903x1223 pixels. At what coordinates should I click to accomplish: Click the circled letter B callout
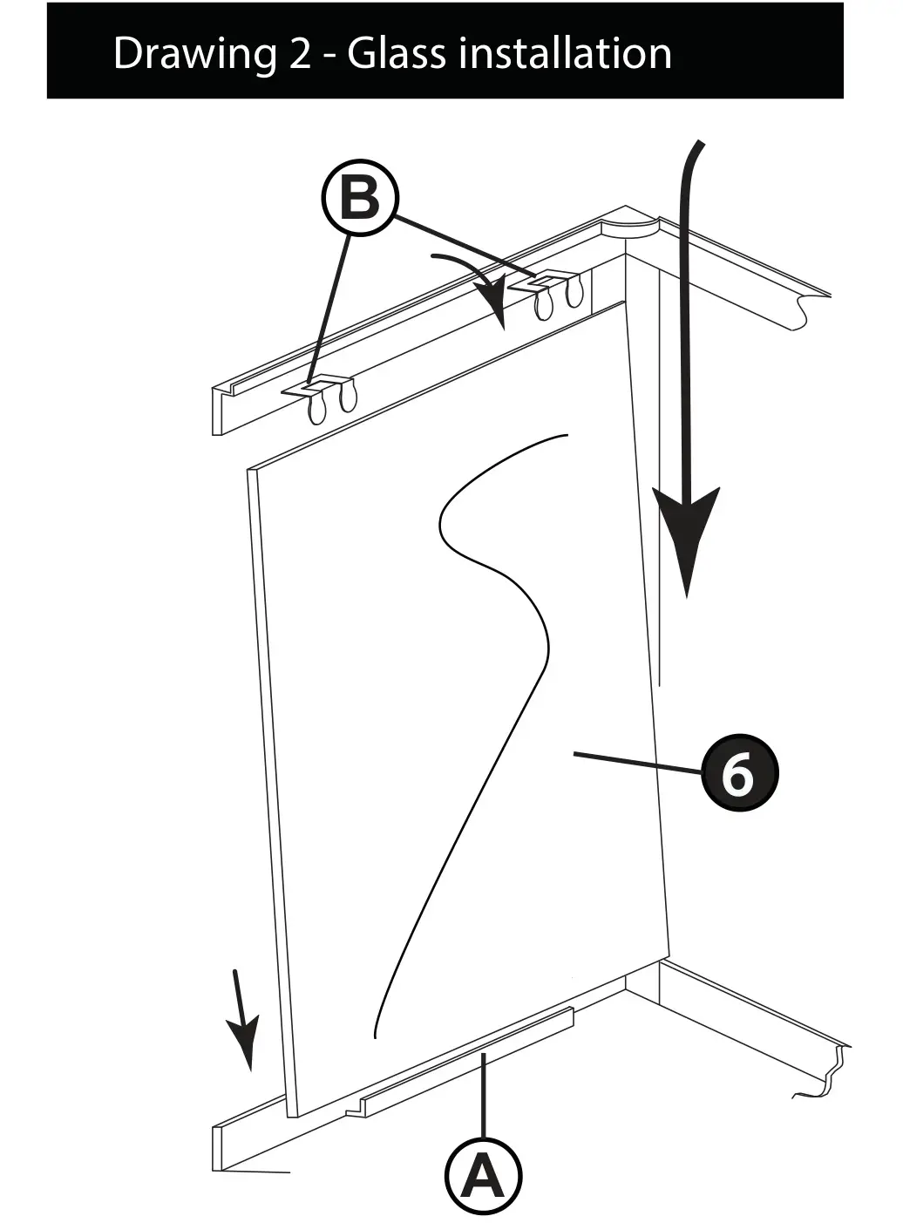click(x=360, y=199)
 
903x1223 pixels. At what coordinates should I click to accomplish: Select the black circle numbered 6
click(x=739, y=773)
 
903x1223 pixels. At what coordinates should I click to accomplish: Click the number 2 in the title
click(x=298, y=54)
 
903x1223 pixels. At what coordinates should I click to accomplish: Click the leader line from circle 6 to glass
click(x=636, y=763)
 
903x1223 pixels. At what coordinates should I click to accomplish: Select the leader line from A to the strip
click(x=483, y=1094)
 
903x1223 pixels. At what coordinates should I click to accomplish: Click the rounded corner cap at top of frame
click(x=629, y=223)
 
